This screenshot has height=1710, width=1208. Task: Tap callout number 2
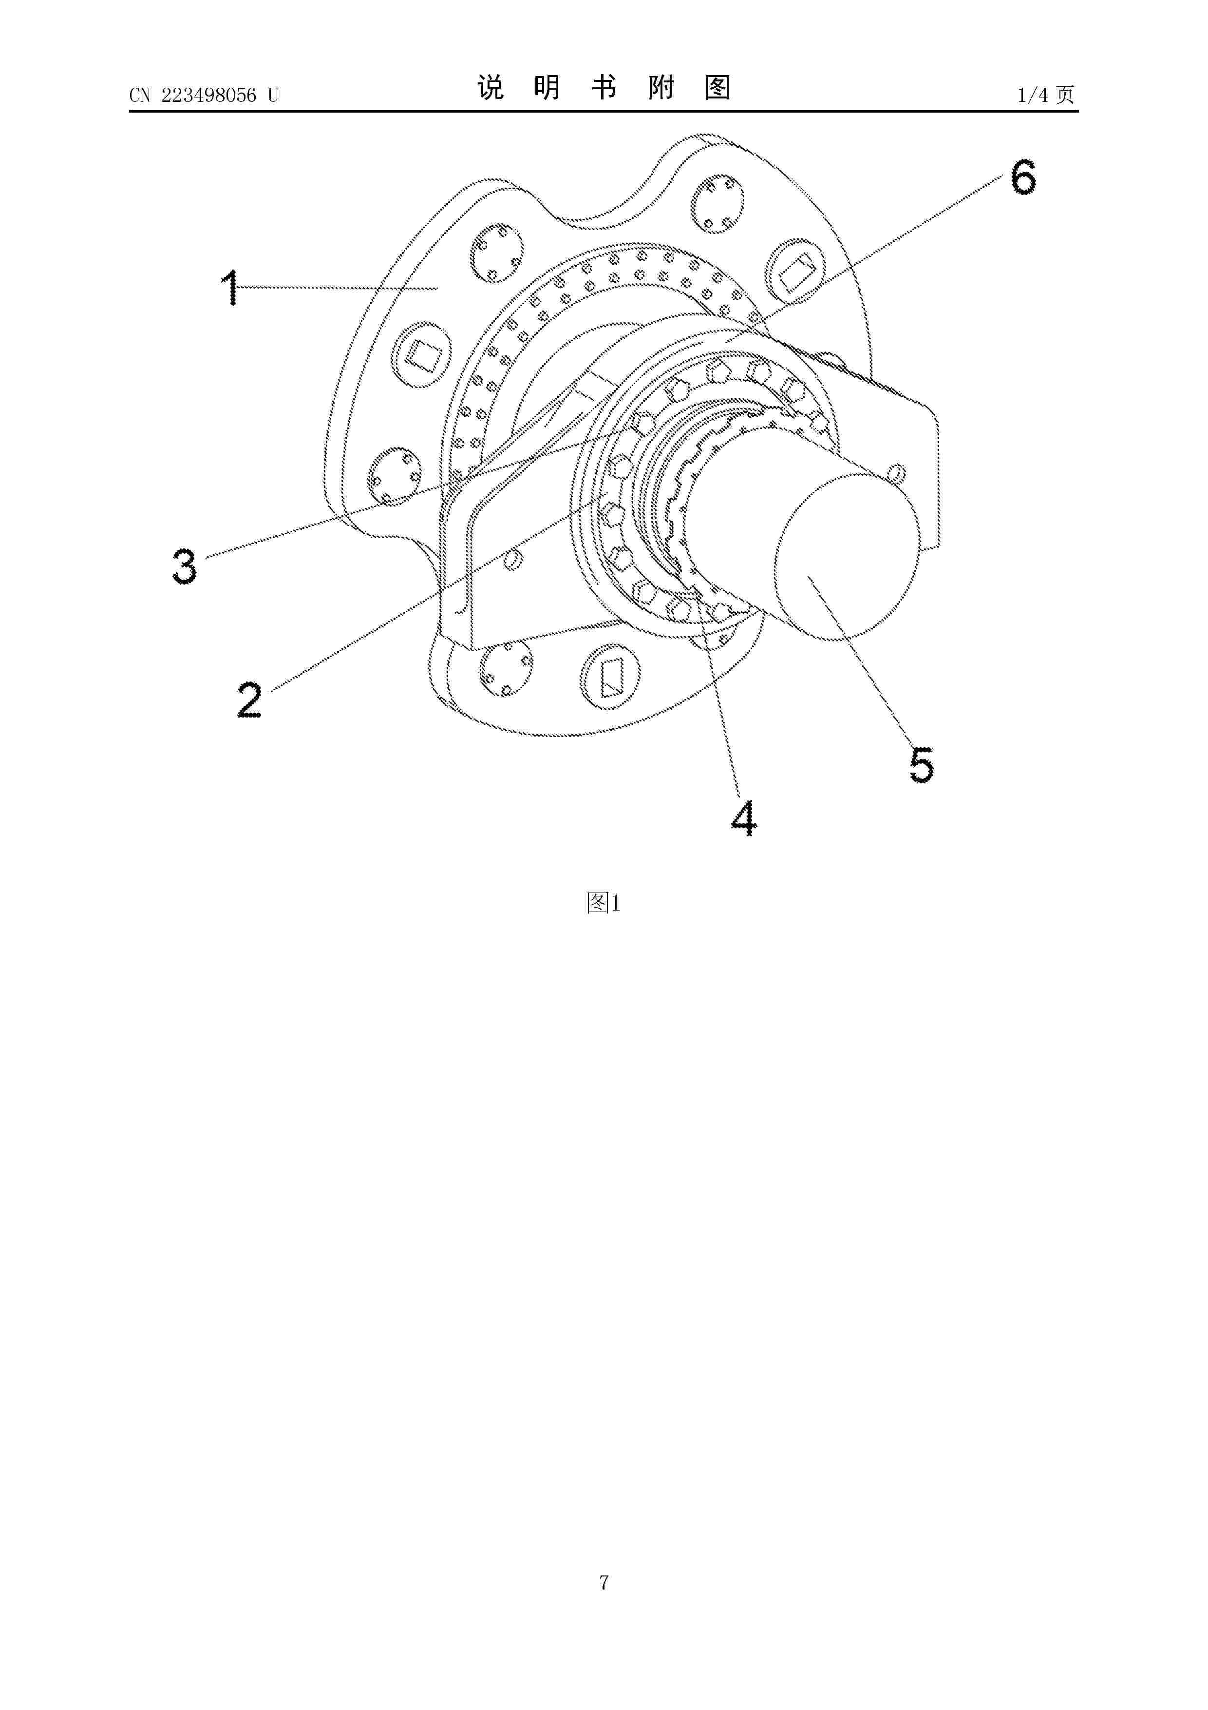tap(250, 700)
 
